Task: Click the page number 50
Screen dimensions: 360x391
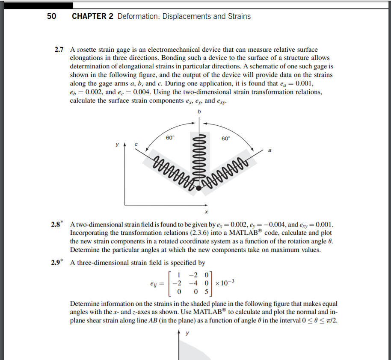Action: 51,17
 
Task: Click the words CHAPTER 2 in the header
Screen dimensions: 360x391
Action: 93,17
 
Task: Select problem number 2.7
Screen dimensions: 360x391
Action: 60,50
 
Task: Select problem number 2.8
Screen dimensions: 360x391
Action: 57,225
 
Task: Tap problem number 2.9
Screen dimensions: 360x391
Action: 57,262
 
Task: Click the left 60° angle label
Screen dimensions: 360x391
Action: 170,138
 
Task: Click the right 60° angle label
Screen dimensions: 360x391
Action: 226,138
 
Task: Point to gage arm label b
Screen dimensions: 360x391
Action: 198,112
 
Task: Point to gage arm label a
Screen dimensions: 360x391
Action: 270,150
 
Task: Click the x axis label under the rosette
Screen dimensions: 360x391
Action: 206,212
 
